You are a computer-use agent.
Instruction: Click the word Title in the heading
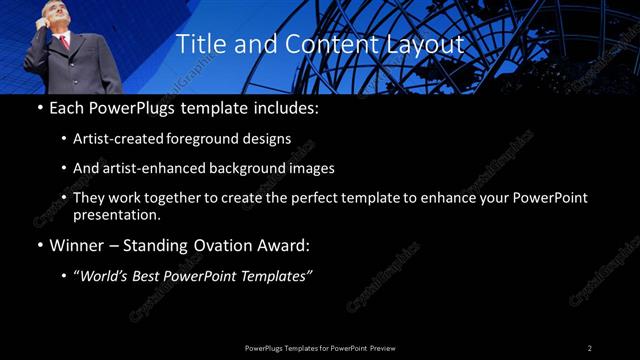tap(199, 44)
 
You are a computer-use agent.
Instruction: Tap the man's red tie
tap(65, 41)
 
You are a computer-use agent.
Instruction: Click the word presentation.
tap(118, 215)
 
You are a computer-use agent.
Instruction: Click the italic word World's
tap(106, 276)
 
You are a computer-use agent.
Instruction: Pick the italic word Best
tap(152, 276)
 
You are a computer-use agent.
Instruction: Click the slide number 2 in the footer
tap(590, 348)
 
